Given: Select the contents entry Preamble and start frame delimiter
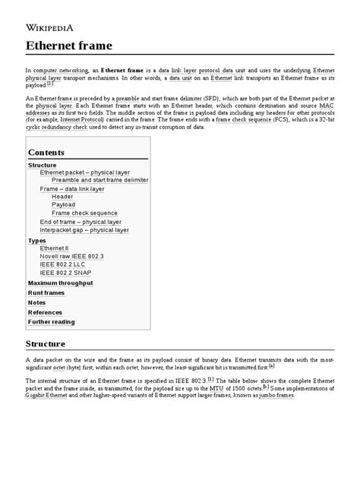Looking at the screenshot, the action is pos(99,180).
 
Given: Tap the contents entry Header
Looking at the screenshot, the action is pos(62,197).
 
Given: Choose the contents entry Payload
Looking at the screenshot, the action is pos(63,205).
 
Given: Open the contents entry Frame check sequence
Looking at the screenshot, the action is pos(84,213).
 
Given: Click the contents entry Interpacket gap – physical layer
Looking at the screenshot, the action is pos(84,229).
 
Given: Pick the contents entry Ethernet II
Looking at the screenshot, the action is pos(54,248).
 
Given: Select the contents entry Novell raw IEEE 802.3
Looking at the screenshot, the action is pos(71,257).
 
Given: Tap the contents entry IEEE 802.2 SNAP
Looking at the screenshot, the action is pos(66,273).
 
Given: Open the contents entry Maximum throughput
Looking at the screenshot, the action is pos(60,283).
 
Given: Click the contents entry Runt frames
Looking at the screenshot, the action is pos(46,293).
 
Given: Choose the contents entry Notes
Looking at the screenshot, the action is pos(36,303).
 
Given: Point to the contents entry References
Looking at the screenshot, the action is pos(45,312).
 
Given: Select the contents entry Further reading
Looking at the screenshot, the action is pos(51,322).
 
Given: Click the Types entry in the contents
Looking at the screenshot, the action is pos(36,240).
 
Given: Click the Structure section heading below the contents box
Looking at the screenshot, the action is pos(51,344).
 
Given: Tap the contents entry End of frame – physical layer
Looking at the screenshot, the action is pos(81,222).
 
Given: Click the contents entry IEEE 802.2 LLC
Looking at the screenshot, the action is pos(64,264).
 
